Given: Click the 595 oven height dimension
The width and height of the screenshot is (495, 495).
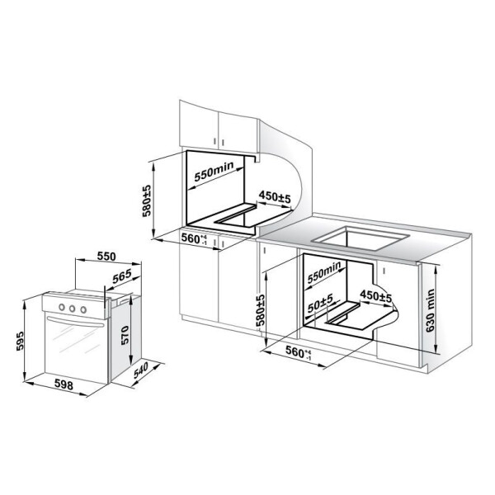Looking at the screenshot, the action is pos(20,341).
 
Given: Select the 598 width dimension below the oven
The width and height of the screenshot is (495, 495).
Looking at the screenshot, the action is pos(64,384).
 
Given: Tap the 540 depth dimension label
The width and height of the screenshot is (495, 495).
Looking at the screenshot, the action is pos(141,370).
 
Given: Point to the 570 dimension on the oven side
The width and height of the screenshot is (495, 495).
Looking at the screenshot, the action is pos(125,335).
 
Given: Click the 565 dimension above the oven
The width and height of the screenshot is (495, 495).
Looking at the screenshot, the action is pos(122,276).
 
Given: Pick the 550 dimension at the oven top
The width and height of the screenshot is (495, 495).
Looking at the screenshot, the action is pos(106,257).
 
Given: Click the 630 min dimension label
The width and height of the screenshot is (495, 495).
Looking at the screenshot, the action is pos(430,310).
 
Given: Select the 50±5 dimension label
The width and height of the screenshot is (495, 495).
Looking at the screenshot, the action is pos(320,303).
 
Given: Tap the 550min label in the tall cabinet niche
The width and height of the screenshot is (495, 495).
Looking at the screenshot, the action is pos(214,172).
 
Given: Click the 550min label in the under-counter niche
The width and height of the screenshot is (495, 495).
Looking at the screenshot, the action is pos(324,272).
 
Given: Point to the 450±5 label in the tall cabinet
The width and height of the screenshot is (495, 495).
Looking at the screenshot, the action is pos(275,197).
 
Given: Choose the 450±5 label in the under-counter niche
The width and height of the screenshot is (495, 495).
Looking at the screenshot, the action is pos(375,296).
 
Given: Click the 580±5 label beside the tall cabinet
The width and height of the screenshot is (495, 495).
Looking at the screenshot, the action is pos(147,200).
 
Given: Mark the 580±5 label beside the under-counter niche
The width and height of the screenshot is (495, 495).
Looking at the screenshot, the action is pos(261,310).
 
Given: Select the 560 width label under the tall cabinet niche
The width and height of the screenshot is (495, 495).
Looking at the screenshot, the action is pos(194,238).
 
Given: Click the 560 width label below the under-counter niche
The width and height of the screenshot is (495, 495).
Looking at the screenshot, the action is pos(299,352).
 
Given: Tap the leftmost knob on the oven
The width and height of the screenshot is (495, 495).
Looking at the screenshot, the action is pos(62,307).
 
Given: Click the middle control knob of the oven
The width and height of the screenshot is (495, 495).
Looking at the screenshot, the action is pos(73,309).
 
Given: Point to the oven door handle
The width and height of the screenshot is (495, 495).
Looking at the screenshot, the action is pos(75,322).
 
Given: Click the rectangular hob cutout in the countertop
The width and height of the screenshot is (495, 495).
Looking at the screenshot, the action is pos(360,237).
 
